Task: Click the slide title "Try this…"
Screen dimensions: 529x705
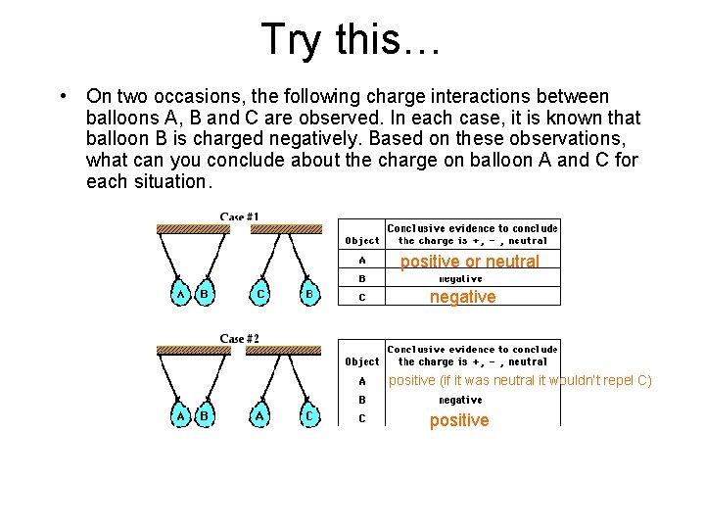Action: [x=352, y=39]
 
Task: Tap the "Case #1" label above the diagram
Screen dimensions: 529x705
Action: [x=239, y=217]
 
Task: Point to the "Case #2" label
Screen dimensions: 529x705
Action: [x=239, y=339]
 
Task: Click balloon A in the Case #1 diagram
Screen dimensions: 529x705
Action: [x=180, y=293]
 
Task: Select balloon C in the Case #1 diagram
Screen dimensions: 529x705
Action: [x=260, y=293]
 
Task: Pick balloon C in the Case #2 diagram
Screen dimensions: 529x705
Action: [x=309, y=415]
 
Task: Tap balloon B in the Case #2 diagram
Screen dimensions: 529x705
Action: [x=205, y=415]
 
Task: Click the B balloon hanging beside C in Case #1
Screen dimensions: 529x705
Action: [x=309, y=293]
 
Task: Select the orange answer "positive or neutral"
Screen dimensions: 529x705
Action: [x=469, y=262]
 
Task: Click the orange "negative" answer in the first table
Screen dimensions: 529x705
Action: [x=463, y=297]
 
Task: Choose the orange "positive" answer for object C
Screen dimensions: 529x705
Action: [x=459, y=420]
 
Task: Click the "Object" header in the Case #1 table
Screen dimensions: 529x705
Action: [x=362, y=240]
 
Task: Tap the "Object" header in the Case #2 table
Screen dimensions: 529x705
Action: [x=362, y=361]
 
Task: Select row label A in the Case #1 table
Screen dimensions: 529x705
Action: [x=362, y=261]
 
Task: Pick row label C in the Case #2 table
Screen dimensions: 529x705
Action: [x=362, y=418]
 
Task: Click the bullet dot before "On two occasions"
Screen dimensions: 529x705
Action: [x=63, y=96]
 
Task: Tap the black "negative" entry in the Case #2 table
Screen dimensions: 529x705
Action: [x=460, y=400]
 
